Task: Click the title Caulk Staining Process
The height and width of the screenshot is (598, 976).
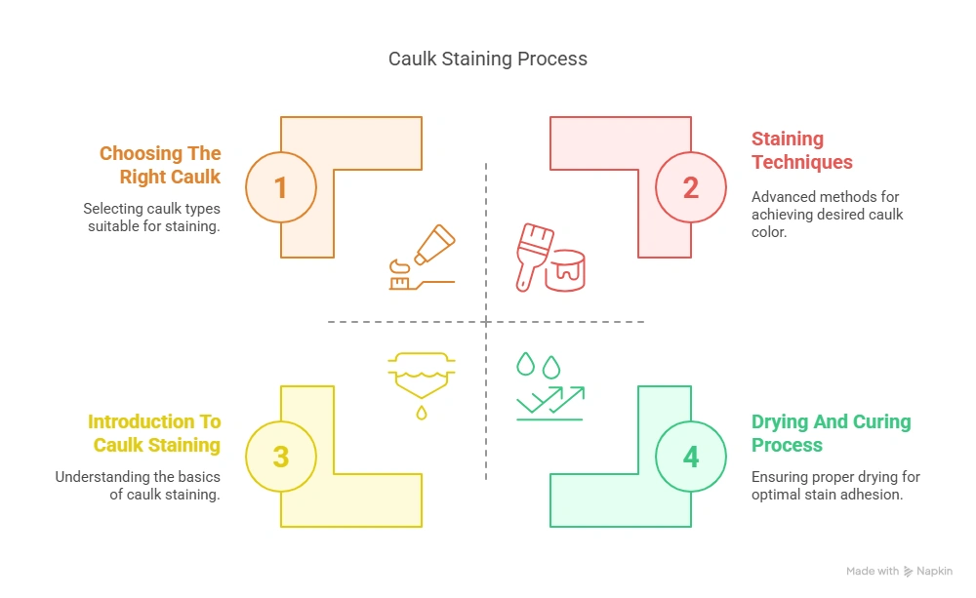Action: point(488,59)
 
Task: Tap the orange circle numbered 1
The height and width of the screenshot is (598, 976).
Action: point(281,187)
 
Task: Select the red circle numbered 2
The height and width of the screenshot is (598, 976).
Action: point(691,187)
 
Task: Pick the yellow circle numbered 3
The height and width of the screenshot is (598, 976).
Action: point(281,457)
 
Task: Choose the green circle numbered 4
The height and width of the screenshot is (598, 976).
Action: point(691,457)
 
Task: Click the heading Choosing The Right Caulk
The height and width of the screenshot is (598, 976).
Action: point(161,165)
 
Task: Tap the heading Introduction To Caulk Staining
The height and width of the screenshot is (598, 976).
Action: point(154,433)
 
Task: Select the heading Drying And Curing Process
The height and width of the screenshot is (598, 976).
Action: point(831,433)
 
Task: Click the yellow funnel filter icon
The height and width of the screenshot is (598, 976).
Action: point(421,376)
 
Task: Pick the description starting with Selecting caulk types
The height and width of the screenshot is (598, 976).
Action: point(152,217)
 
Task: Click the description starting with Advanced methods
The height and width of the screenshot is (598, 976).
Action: point(827,215)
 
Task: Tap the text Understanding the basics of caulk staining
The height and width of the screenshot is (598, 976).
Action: point(138,486)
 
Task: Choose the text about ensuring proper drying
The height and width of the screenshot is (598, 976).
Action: point(835,486)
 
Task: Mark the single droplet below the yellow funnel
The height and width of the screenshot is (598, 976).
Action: point(421,413)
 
